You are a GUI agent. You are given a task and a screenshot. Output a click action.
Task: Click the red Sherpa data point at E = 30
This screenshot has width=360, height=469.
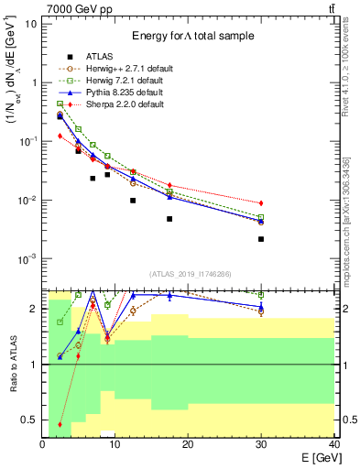(x=261, y=202)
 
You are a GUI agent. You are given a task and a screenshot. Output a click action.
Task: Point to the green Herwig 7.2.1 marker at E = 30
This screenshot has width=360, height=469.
(x=261, y=217)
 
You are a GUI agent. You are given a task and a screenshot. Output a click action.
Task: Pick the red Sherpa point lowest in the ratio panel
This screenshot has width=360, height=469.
(x=60, y=424)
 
